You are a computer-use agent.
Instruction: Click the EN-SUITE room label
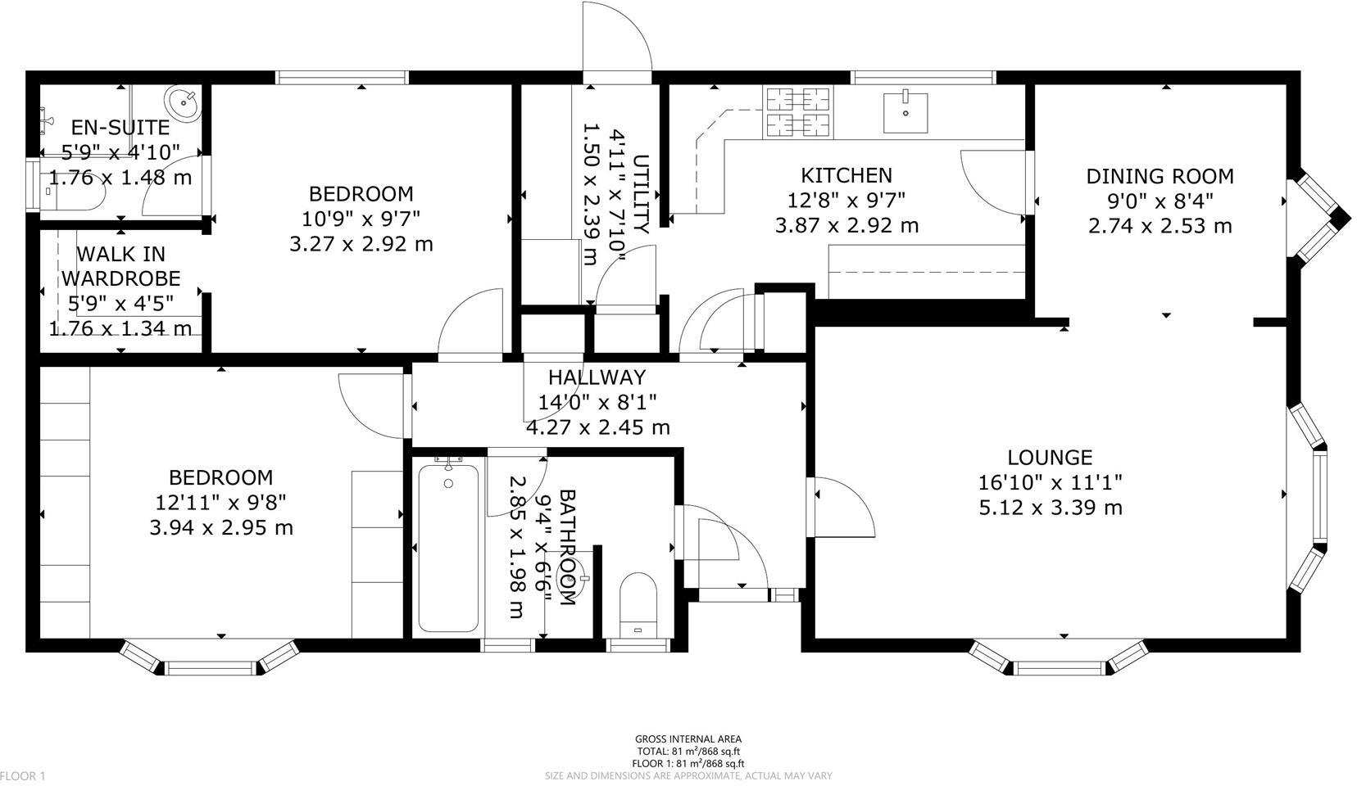[120, 127]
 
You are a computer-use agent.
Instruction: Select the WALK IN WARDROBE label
[120, 267]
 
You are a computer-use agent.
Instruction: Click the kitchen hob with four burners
[798, 111]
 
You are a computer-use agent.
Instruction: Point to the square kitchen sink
[905, 112]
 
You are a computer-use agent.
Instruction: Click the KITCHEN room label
[846, 175]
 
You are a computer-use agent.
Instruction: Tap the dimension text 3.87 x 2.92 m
[846, 225]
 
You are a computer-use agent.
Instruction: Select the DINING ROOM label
[1160, 176]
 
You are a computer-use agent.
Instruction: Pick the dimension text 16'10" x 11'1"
[1050, 482]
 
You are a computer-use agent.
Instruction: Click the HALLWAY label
[597, 377]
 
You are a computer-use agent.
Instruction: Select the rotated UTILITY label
[642, 193]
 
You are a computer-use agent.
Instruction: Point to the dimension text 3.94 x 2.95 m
[220, 527]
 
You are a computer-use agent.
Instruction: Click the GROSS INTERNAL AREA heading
[688, 739]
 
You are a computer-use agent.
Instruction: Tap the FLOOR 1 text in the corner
[23, 775]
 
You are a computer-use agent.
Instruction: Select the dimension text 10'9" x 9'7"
[361, 219]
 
